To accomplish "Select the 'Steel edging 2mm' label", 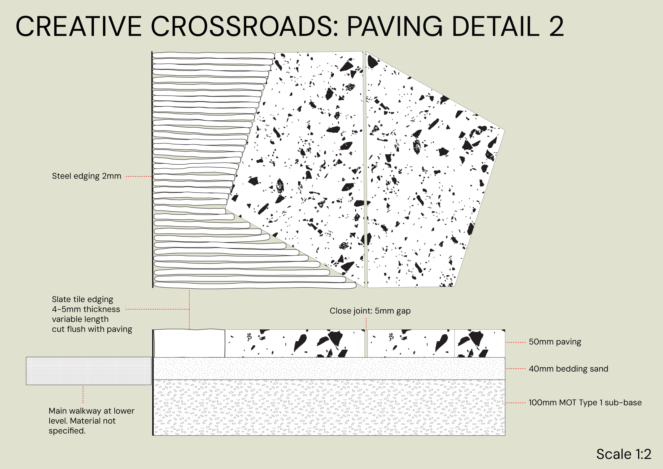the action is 86,176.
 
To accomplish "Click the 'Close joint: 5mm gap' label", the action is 370,311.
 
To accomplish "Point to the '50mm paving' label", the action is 555,342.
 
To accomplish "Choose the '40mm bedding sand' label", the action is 568,369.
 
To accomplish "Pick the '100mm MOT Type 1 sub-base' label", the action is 585,403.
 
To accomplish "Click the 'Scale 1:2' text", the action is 624,454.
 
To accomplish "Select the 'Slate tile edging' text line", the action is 82,299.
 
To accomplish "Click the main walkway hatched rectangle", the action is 89,371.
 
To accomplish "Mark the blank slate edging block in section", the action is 189,344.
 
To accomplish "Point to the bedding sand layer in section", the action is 329,368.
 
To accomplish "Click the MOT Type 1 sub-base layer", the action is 329,407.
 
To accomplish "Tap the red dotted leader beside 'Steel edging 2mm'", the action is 139,176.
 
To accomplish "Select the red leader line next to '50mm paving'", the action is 516,342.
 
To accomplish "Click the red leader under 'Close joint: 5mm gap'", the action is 366,324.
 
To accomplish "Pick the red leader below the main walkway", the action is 83,394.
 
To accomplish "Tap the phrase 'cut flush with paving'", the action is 92,329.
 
